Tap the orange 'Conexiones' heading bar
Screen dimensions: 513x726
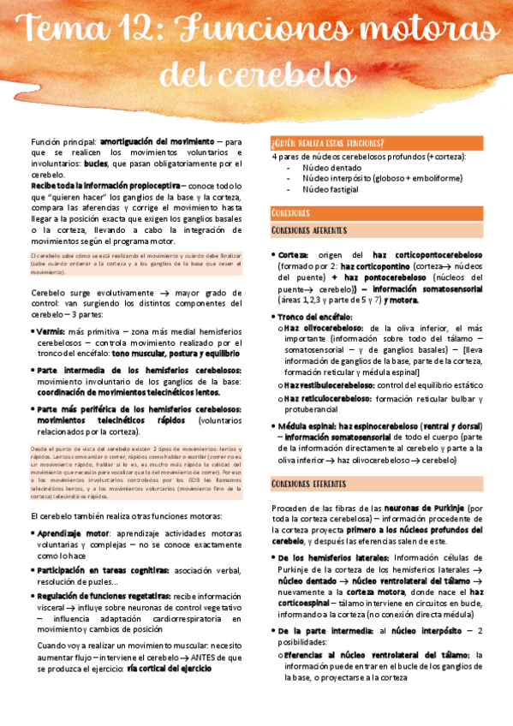pos(290,212)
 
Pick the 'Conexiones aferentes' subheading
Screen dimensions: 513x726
pos(309,231)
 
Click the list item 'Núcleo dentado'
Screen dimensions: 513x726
pos(331,168)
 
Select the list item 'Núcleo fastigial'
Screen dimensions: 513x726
pos(332,188)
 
